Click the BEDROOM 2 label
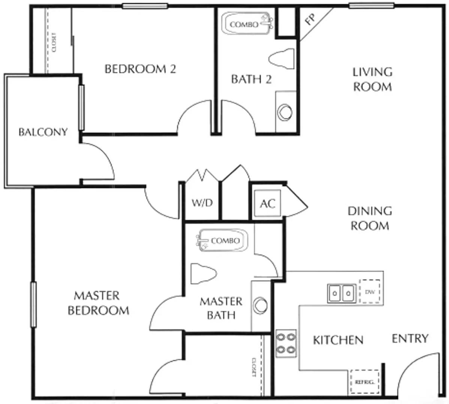coord(140,69)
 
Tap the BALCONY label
coord(43,132)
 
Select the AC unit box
coord(268,203)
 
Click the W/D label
coord(202,203)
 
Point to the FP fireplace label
coord(310,19)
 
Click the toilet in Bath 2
coord(281,59)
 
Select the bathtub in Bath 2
coord(247,24)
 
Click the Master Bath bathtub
coord(222,240)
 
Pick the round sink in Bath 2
coord(285,112)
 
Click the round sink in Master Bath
coord(260,305)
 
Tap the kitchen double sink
coord(341,293)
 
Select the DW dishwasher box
coord(370,291)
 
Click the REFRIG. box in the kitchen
coord(364,382)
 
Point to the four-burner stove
coord(286,343)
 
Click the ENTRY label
coord(410,339)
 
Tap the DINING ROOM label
coord(370,218)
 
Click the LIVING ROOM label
coord(372,79)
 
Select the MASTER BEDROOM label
coord(98,303)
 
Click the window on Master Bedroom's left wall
coord(33,304)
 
